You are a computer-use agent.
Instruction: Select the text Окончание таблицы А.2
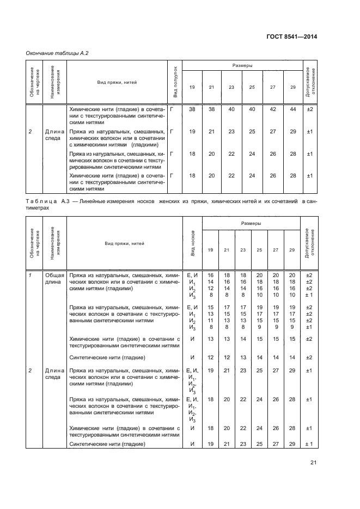click(x=57, y=53)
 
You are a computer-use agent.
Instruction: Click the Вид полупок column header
click(x=175, y=82)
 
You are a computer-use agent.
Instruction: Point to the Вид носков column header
click(x=193, y=243)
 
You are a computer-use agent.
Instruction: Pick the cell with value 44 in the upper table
click(x=293, y=109)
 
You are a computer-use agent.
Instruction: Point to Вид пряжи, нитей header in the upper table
click(x=118, y=82)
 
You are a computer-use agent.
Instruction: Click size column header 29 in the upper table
click(x=293, y=88)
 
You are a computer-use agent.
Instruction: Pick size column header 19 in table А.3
click(x=210, y=249)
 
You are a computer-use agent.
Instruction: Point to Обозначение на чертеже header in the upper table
click(x=34, y=82)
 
